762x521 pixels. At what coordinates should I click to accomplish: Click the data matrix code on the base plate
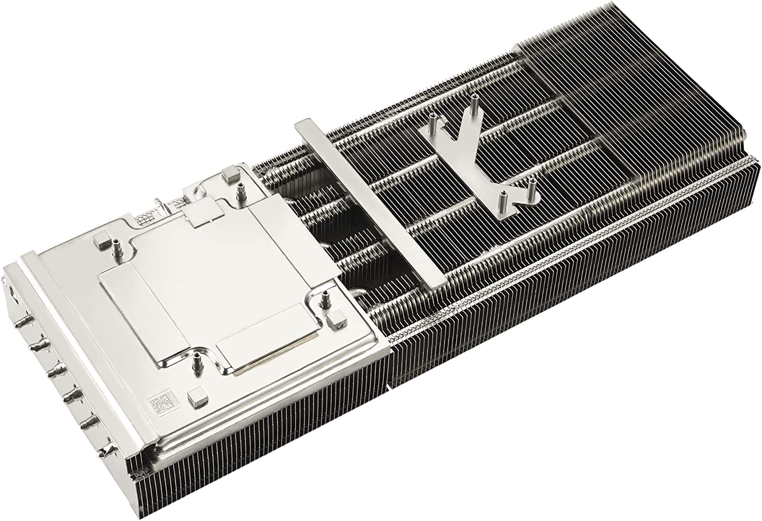159,404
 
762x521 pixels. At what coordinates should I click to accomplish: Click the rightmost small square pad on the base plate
336,321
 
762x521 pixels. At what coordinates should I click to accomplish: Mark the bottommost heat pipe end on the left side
106,450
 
